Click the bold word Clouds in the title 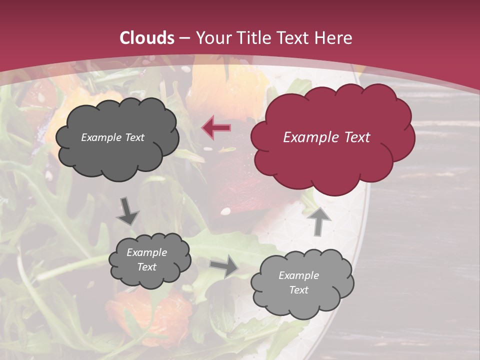(x=147, y=38)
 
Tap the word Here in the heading (x=334, y=38)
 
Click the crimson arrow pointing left (x=216, y=127)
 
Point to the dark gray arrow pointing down (x=128, y=211)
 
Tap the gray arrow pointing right (x=223, y=266)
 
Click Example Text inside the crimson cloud (x=326, y=137)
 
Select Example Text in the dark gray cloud (x=112, y=137)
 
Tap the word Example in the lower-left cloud (x=146, y=252)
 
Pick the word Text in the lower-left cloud (x=146, y=267)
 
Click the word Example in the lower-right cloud (x=298, y=275)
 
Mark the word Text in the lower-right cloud (x=298, y=290)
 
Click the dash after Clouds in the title (x=184, y=38)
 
